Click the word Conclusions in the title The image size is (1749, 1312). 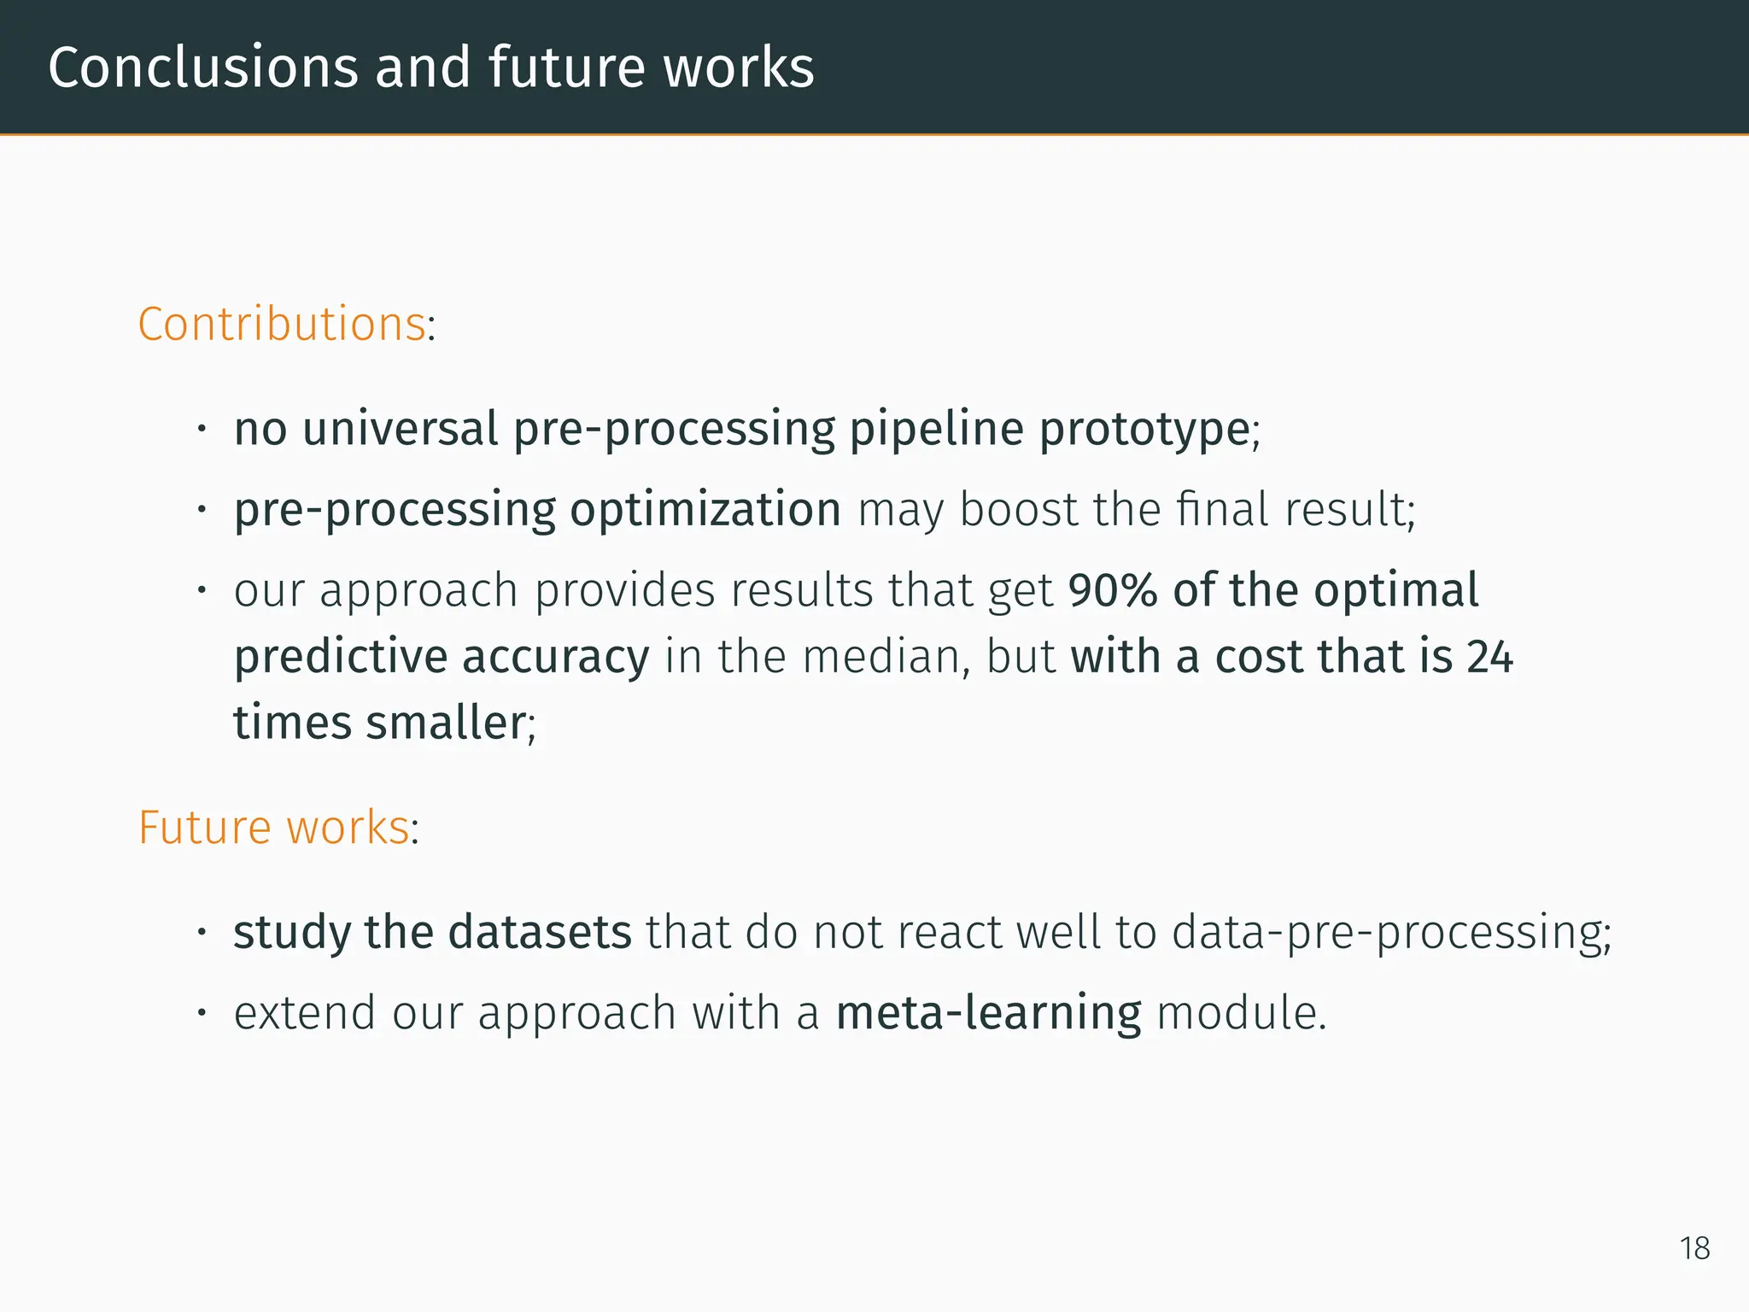pyautogui.click(x=203, y=67)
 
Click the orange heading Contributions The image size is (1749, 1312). pyautogui.click(x=282, y=325)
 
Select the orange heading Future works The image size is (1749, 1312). pyautogui.click(x=273, y=828)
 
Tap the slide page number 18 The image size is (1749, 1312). pyautogui.click(x=1694, y=1249)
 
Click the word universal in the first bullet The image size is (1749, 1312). pyautogui.click(x=400, y=429)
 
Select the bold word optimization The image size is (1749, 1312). pyautogui.click(x=705, y=510)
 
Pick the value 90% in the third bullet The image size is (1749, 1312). pyautogui.click(x=1112, y=591)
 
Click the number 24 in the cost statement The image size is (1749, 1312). pyautogui.click(x=1489, y=657)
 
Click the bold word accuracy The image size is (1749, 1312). pyautogui.click(x=556, y=659)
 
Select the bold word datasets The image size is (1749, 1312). pyautogui.click(x=540, y=932)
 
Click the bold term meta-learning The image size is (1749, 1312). pyautogui.click(x=988, y=1014)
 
